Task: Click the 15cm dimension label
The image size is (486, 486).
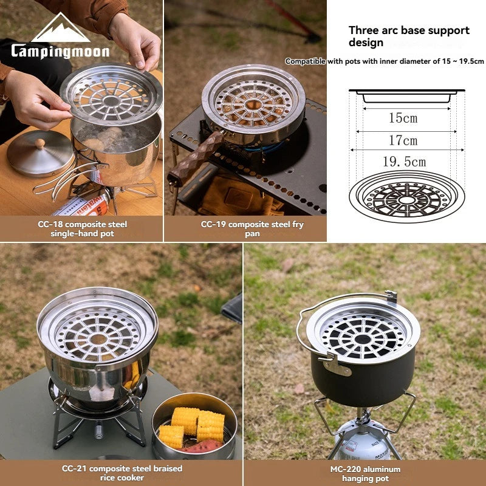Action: (x=403, y=118)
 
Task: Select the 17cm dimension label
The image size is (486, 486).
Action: (x=403, y=140)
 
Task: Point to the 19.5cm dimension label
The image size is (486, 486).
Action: (x=403, y=162)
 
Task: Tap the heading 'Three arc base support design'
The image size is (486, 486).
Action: (x=408, y=36)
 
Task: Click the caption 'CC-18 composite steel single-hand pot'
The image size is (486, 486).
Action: (x=82, y=229)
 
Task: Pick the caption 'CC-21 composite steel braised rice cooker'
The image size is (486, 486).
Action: (x=122, y=473)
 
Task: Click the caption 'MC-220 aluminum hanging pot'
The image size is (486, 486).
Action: (x=365, y=473)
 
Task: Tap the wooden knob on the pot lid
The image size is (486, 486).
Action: (x=40, y=144)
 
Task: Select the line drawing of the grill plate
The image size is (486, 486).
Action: (x=404, y=194)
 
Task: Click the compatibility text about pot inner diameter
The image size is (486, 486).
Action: (x=385, y=61)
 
